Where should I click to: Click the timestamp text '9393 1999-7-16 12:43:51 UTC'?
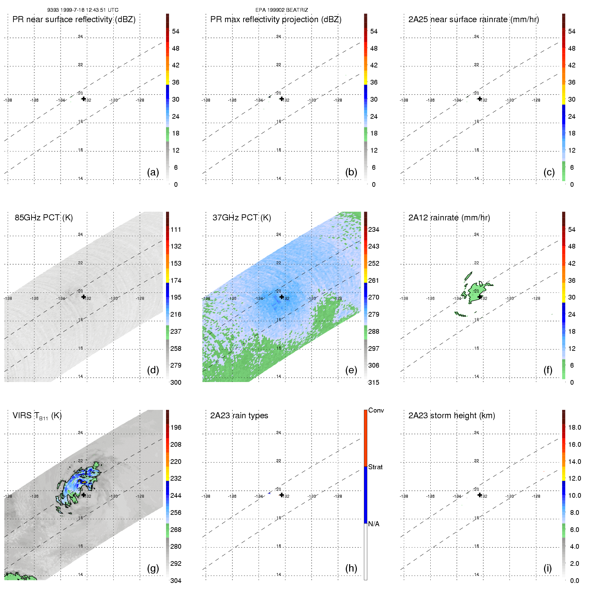(83, 10)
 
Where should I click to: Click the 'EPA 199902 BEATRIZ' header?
(281, 10)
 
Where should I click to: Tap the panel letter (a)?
(153, 172)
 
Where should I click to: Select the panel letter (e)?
(351, 370)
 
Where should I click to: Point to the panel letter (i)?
(547, 568)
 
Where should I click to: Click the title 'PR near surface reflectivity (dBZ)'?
(74, 19)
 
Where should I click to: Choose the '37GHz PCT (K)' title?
(241, 218)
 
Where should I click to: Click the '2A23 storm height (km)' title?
(451, 416)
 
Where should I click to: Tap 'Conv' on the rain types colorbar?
(376, 411)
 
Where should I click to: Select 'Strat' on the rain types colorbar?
(375, 467)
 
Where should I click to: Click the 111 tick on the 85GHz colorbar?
(176, 229)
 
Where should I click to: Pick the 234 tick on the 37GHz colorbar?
(374, 229)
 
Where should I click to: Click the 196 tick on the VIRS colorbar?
(176, 427)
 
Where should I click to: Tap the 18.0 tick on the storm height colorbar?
(575, 427)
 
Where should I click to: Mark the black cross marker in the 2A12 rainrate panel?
(480, 297)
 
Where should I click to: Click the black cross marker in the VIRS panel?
(84, 495)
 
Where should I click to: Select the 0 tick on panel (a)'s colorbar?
(176, 184)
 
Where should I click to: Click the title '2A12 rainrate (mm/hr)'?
(449, 218)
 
